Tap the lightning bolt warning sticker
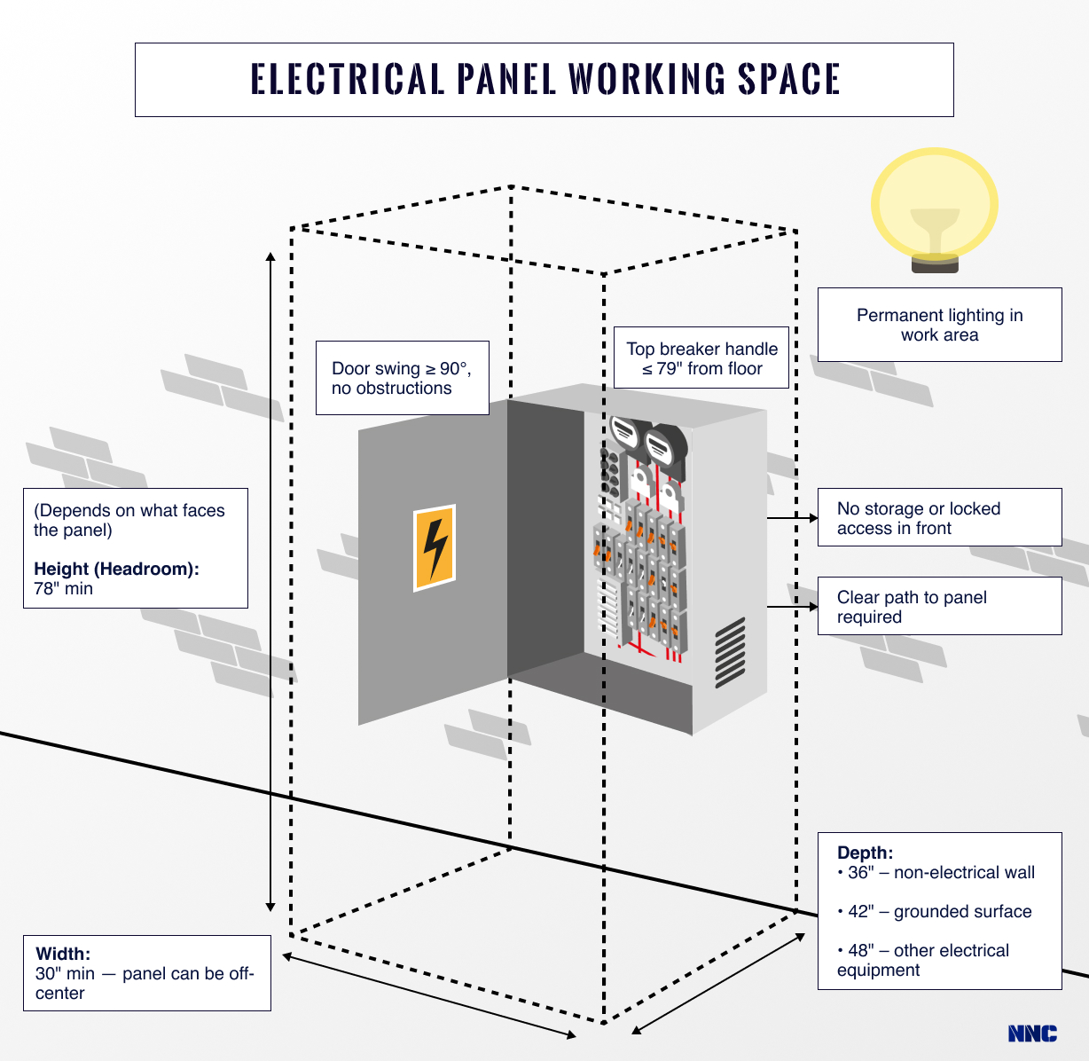pyautogui.click(x=435, y=547)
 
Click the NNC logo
pyautogui.click(x=1032, y=1033)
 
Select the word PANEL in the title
pyautogui.click(x=506, y=78)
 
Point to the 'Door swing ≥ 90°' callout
pyautogui.click(x=403, y=378)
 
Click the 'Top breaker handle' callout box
pyautogui.click(x=701, y=358)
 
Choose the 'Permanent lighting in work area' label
pyautogui.click(x=940, y=325)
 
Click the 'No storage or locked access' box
pyautogui.click(x=940, y=517)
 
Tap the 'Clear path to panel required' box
pyautogui.click(x=940, y=607)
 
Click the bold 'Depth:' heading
pyautogui.click(x=866, y=853)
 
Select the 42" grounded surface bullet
pyautogui.click(x=935, y=911)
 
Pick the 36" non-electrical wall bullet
pyautogui.click(x=936, y=872)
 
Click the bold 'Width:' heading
pyautogui.click(x=63, y=954)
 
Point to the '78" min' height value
pyautogui.click(x=63, y=588)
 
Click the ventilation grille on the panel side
pyautogui.click(x=731, y=653)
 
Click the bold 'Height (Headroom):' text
pyautogui.click(x=116, y=569)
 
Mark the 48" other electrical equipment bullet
pyautogui.click(x=923, y=960)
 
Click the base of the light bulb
pyautogui.click(x=935, y=263)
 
